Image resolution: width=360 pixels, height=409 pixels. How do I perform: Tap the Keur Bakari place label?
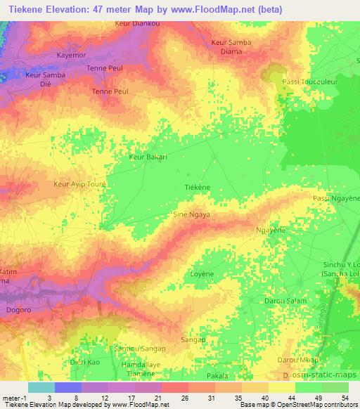tap(148, 157)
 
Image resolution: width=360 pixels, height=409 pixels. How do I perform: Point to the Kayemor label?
tap(70, 54)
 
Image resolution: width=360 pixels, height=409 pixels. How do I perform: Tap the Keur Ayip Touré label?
tap(79, 186)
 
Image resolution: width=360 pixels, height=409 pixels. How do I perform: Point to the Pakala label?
tap(219, 377)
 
